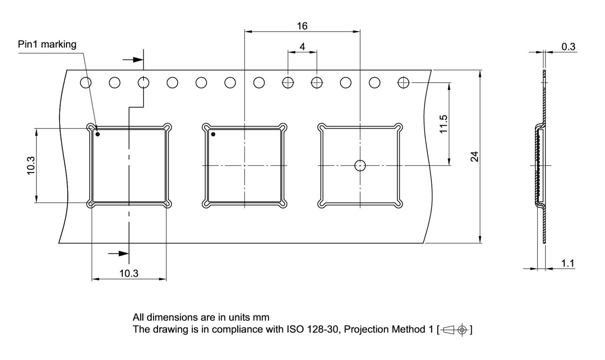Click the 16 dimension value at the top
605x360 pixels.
point(302,26)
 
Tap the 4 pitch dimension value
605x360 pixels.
point(302,47)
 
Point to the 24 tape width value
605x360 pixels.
point(475,156)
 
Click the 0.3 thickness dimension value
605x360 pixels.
point(568,46)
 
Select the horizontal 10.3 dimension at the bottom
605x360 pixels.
point(129,273)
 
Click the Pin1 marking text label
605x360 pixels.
point(47,45)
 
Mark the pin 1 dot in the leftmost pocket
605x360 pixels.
point(98,134)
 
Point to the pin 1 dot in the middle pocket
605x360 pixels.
point(213,134)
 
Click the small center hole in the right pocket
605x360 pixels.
point(360,165)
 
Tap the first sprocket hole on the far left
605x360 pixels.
point(86,83)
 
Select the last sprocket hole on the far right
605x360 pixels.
point(403,83)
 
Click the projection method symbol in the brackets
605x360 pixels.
point(456,330)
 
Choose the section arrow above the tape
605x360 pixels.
point(133,60)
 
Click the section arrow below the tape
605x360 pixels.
point(119,254)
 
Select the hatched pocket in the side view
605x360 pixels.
point(538,165)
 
